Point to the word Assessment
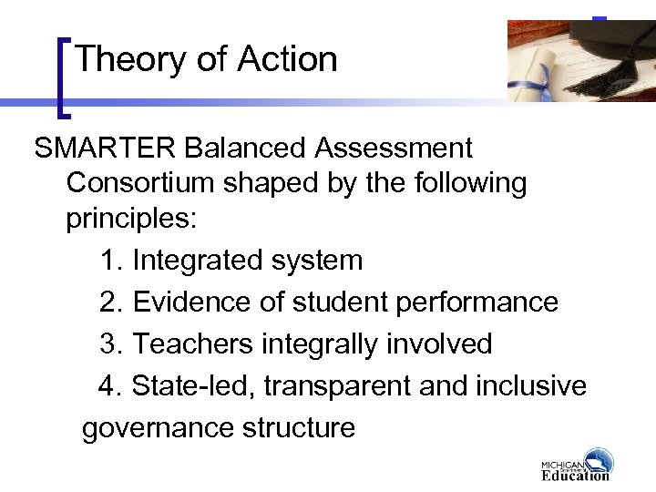tap(398, 149)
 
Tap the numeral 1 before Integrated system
tap(110, 261)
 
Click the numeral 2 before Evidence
tap(109, 302)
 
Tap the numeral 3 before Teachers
tap(109, 343)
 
